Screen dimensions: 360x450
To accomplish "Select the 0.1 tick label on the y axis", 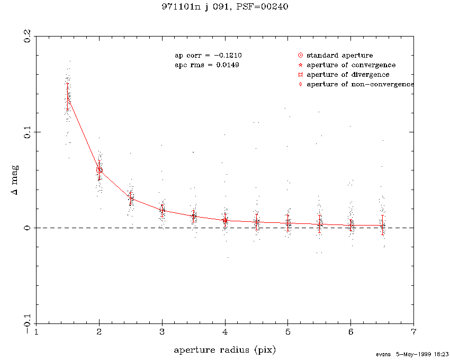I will pyautogui.click(x=26, y=132).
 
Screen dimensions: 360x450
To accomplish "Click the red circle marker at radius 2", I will pyautogui.click(x=99, y=170).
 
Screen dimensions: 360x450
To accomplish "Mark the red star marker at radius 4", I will pyautogui.click(x=225, y=220).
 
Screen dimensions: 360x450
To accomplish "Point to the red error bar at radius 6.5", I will pyautogui.click(x=382, y=224).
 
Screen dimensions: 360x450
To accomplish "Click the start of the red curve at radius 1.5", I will pyautogui.click(x=68, y=98).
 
